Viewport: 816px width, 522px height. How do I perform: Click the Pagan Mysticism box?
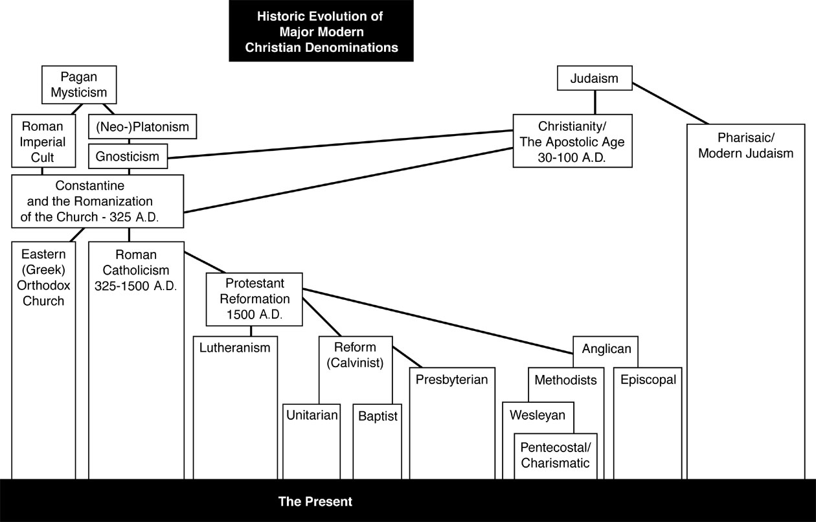79,84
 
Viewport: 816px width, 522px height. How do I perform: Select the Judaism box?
594,79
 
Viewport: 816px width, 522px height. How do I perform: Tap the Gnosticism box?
128,156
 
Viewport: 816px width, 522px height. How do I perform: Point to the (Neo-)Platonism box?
142,127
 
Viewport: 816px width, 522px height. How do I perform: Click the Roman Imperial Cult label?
42,141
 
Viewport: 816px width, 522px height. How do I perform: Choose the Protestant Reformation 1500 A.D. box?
254,299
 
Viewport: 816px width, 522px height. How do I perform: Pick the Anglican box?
606,349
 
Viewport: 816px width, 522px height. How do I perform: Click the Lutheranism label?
234,348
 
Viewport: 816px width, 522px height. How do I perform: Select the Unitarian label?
312,415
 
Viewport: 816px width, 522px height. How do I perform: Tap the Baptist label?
378,416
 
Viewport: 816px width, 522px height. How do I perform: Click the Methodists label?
565,380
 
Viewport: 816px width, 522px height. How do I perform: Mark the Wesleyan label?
537,414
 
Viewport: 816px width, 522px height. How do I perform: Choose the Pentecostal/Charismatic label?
556,455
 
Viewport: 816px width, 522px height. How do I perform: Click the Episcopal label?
648,380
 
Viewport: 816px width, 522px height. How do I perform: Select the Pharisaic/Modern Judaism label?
745,146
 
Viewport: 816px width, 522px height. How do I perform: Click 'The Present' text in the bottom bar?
315,501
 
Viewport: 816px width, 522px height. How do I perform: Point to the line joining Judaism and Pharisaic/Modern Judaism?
670,103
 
